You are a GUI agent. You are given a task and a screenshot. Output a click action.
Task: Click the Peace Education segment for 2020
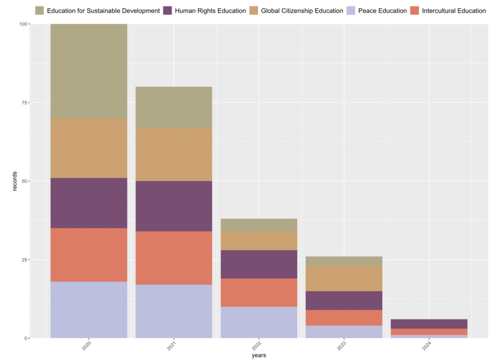pyautogui.click(x=89, y=310)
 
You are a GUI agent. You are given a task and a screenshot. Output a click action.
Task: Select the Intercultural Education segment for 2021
pyautogui.click(x=174, y=258)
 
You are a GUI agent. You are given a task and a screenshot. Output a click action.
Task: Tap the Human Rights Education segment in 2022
pyautogui.click(x=258, y=264)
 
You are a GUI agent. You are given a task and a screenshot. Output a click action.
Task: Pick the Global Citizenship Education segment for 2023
pyautogui.click(x=344, y=279)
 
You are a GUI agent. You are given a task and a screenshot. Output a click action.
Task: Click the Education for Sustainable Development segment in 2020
pyautogui.click(x=89, y=71)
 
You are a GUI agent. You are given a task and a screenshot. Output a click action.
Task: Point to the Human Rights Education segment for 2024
pyautogui.click(x=429, y=324)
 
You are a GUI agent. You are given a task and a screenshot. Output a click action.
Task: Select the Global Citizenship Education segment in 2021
pyautogui.click(x=174, y=154)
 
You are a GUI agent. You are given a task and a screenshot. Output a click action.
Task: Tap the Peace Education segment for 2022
pyautogui.click(x=258, y=322)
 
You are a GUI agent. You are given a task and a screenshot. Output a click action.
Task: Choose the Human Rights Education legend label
pyautogui.click(x=210, y=11)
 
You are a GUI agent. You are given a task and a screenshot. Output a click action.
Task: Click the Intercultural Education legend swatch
pyautogui.click(x=415, y=11)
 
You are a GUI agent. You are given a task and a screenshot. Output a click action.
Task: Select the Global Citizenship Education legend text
pyautogui.click(x=302, y=11)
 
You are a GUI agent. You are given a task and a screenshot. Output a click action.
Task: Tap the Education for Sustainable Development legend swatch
pyautogui.click(x=40, y=11)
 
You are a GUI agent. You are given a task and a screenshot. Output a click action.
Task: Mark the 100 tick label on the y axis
pyautogui.click(x=23, y=24)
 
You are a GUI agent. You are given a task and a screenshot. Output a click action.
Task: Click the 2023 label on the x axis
pyautogui.click(x=342, y=346)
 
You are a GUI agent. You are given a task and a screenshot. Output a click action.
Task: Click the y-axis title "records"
pyautogui.click(x=15, y=181)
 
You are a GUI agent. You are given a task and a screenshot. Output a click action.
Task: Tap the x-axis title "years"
pyautogui.click(x=258, y=355)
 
